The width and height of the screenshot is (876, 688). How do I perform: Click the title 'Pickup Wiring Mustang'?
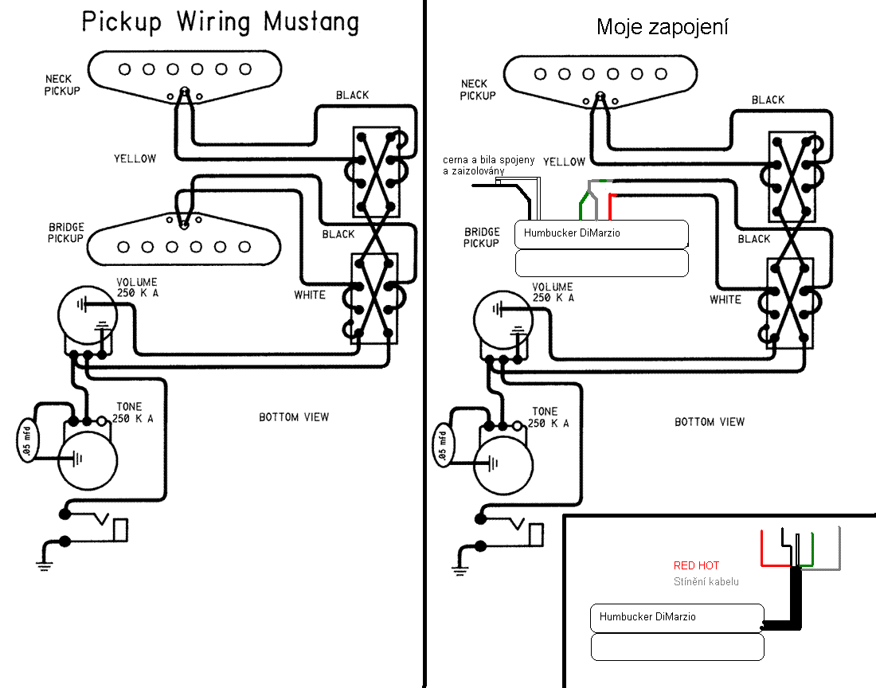tap(221, 22)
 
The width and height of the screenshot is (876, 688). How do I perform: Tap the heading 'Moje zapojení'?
tap(663, 27)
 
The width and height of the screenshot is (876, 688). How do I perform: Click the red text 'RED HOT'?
tap(696, 566)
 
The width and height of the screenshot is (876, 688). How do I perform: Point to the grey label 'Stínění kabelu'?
tap(706, 581)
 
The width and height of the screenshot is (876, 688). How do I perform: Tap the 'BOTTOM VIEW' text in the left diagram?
tap(294, 417)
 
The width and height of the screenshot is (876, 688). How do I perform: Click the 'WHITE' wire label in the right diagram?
tap(725, 300)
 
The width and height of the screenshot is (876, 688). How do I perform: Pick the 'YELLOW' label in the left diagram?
tap(135, 158)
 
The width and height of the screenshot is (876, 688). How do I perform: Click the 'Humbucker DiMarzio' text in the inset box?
tap(647, 617)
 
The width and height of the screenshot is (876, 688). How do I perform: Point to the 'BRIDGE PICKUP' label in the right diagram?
tap(481, 237)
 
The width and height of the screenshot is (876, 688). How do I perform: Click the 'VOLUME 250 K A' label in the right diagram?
tap(552, 292)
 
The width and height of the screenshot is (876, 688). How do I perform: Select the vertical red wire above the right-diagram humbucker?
tap(610, 208)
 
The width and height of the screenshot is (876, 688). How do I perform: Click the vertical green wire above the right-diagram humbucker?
tap(581, 209)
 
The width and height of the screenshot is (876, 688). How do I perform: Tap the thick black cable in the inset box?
tap(793, 597)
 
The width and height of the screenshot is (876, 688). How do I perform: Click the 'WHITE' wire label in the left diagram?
tap(309, 295)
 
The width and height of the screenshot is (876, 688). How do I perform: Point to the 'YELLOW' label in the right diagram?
tap(564, 162)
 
